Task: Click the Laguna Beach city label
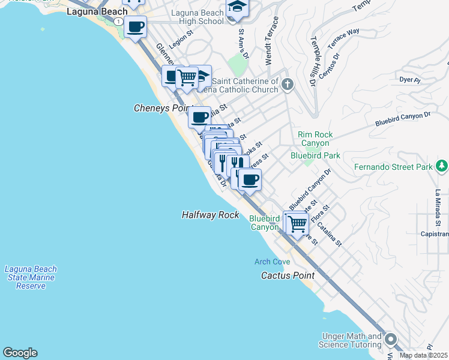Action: click(97, 11)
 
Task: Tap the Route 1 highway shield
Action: click(120, 22)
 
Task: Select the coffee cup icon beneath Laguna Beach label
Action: click(136, 27)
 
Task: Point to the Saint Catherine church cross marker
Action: click(288, 84)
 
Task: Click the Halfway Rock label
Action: click(210, 215)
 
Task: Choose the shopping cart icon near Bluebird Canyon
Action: click(297, 224)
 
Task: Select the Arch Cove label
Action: click(272, 262)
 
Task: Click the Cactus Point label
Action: click(288, 276)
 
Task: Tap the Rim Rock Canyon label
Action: click(315, 139)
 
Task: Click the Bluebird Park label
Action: click(315, 155)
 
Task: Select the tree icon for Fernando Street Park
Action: click(442, 166)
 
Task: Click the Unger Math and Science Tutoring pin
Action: click(391, 340)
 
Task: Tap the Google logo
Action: click(19, 353)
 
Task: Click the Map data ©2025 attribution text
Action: click(424, 355)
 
